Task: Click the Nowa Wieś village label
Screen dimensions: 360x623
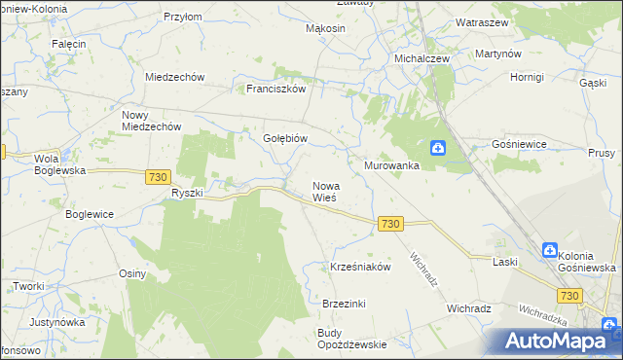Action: pos(324,191)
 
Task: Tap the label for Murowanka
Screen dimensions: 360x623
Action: pos(391,166)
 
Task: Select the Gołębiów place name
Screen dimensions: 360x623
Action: pos(285,138)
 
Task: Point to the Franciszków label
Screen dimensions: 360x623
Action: pos(276,88)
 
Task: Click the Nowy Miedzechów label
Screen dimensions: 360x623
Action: pos(151,120)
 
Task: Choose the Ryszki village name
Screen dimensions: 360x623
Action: pos(186,193)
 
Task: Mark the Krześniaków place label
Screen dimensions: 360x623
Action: pos(360,267)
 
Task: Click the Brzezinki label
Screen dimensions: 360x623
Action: pos(344,304)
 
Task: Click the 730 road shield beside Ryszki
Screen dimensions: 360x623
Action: pos(159,176)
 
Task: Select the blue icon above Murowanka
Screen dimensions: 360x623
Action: pos(439,148)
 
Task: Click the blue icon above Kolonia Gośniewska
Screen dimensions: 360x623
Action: pos(549,249)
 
